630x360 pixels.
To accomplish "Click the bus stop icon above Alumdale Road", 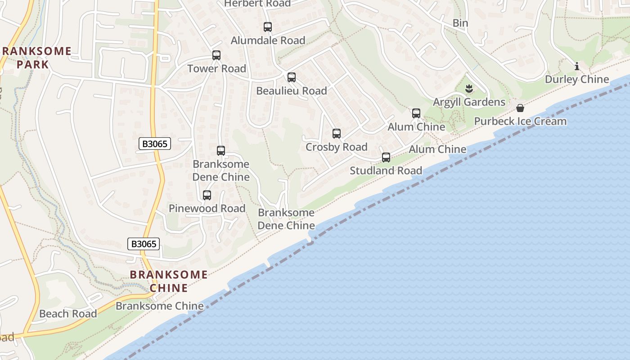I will (x=268, y=27).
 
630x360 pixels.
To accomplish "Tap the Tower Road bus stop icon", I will (x=216, y=55).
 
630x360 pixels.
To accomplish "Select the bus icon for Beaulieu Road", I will (x=292, y=77).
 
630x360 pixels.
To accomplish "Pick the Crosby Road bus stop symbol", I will (x=337, y=134).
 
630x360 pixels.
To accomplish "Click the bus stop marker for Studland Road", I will (x=386, y=157).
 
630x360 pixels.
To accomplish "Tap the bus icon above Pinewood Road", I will (x=207, y=195).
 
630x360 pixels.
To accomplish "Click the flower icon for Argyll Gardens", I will (x=469, y=88).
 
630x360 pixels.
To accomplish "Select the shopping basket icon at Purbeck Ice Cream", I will (x=520, y=108).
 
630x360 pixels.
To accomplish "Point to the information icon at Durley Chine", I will (x=577, y=67).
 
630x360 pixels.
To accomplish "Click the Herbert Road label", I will (x=257, y=4).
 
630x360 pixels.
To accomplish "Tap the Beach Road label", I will (x=68, y=314).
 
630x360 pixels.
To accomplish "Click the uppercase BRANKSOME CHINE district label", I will (x=169, y=281).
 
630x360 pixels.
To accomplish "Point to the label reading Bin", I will (x=460, y=23).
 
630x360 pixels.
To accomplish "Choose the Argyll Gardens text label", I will (x=469, y=102).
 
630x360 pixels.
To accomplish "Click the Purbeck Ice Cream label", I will (x=520, y=121).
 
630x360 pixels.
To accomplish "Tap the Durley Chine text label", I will (x=577, y=80).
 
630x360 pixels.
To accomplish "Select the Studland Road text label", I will (x=386, y=171).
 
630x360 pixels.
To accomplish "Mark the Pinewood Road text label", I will (x=207, y=208).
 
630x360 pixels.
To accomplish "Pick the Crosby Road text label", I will (x=337, y=147).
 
